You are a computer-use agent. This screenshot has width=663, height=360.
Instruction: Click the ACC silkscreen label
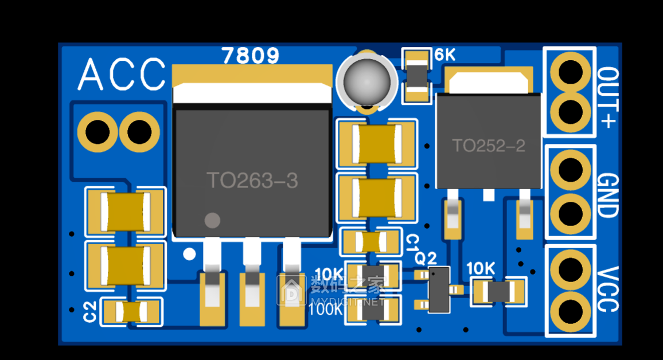click(121, 75)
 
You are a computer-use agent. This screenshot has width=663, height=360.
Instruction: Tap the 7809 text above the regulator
click(251, 56)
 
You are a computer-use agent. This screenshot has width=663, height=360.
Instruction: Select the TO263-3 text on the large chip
click(252, 181)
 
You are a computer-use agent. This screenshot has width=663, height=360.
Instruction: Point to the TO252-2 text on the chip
click(489, 146)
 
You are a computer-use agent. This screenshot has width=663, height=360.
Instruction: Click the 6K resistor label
click(445, 56)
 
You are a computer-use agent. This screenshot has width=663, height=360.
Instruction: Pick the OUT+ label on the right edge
click(608, 97)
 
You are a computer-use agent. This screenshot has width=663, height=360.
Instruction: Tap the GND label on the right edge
click(607, 195)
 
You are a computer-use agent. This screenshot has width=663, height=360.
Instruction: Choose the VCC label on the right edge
click(607, 289)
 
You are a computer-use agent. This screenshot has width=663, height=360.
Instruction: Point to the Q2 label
click(426, 258)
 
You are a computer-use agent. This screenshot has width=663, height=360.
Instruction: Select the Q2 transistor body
click(439, 289)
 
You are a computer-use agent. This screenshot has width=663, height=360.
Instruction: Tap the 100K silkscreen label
click(326, 310)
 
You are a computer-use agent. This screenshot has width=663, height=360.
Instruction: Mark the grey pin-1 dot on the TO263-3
click(212, 220)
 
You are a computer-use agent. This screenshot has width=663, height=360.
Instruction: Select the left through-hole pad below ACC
click(97, 132)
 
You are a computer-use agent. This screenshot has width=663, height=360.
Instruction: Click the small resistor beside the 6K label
click(417, 75)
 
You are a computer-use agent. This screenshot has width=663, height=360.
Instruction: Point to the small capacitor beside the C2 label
click(131, 312)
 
